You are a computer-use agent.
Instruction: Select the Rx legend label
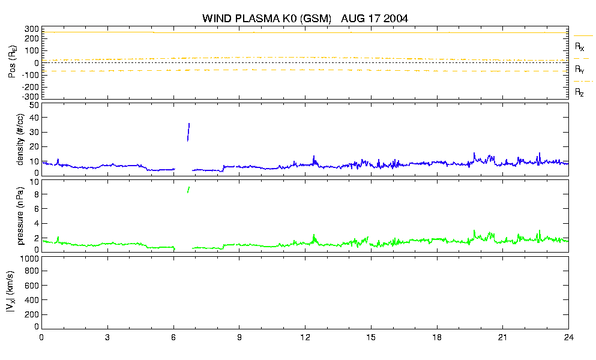[579, 47]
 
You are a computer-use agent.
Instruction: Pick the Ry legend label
[579, 69]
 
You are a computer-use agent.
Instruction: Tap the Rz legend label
[579, 92]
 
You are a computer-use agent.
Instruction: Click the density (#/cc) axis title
[20, 140]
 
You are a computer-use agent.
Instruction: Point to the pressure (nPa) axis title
[20, 215]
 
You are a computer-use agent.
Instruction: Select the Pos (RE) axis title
[12, 62]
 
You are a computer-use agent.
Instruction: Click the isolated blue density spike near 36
[188, 132]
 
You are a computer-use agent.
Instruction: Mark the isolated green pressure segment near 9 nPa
[188, 190]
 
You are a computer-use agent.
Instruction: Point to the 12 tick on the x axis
[305, 337]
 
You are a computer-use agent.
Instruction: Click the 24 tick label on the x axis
[568, 337]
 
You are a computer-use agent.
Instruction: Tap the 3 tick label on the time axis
[107, 337]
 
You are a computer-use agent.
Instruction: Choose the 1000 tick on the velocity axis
[29, 259]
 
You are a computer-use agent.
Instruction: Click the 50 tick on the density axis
[34, 106]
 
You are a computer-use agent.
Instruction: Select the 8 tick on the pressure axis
[37, 194]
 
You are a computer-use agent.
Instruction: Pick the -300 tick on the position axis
[31, 97]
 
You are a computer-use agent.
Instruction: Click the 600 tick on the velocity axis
[32, 286]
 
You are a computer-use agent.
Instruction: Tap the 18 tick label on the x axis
[437, 337]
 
